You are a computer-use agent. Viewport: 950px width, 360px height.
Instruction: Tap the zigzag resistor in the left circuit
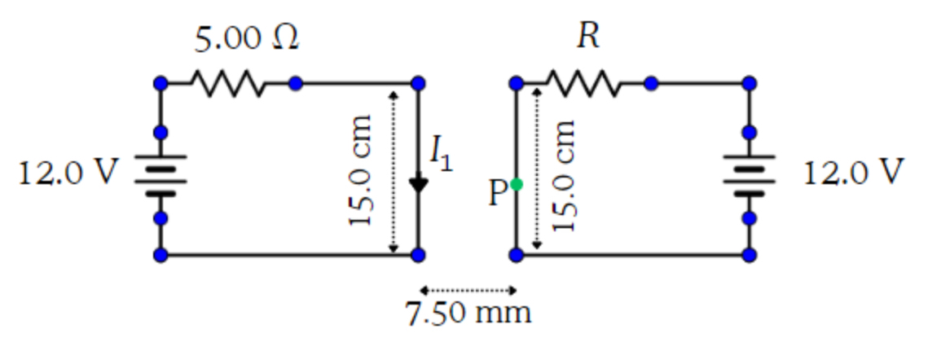tap(227, 83)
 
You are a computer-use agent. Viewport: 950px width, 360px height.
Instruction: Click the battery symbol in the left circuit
tap(161, 175)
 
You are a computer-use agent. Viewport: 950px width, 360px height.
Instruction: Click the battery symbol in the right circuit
tap(749, 175)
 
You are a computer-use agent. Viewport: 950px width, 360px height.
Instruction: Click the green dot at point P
tap(516, 186)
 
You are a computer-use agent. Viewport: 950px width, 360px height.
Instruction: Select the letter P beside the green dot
tap(498, 193)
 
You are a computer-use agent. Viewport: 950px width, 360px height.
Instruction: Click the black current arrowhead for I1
tap(418, 185)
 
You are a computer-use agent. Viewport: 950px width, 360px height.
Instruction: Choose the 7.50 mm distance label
tap(468, 313)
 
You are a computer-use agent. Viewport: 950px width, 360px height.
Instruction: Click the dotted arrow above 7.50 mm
tap(468, 290)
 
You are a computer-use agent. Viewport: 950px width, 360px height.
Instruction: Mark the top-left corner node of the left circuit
tap(161, 83)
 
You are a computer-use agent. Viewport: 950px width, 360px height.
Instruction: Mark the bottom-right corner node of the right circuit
tap(749, 255)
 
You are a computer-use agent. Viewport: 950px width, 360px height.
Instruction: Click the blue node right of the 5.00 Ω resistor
tap(296, 83)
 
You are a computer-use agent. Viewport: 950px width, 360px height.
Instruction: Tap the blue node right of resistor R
tap(651, 83)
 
